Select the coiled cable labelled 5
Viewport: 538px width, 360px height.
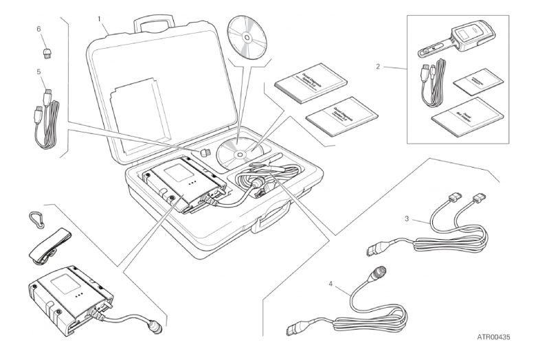pos(46,120)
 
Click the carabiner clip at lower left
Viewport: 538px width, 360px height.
pos(37,220)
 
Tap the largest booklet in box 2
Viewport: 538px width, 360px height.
pos(466,114)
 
